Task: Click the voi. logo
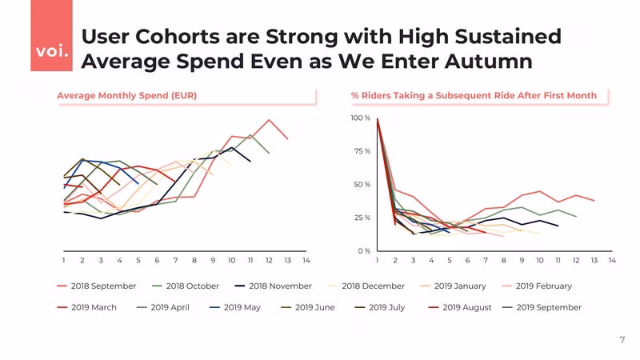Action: tap(52, 35)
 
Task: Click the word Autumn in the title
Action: tap(489, 62)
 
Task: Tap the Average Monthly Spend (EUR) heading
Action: tap(127, 95)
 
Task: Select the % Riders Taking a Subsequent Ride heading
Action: tap(474, 95)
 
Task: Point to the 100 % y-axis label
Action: tap(361, 118)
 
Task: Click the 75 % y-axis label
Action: tap(362, 151)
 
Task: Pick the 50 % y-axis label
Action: tap(362, 185)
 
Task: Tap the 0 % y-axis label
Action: tap(364, 251)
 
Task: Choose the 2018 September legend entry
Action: tap(97, 286)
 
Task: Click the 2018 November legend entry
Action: tap(274, 286)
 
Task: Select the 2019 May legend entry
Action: tap(235, 307)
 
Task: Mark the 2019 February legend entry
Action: tap(537, 286)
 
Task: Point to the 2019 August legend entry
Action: tap(460, 307)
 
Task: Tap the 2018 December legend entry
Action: tap(366, 286)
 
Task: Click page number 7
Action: tap(622, 340)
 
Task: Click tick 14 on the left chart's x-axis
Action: tap(306, 261)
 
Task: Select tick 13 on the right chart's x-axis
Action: tap(594, 261)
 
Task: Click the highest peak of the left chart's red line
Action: tap(269, 120)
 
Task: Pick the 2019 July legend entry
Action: tap(380, 307)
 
